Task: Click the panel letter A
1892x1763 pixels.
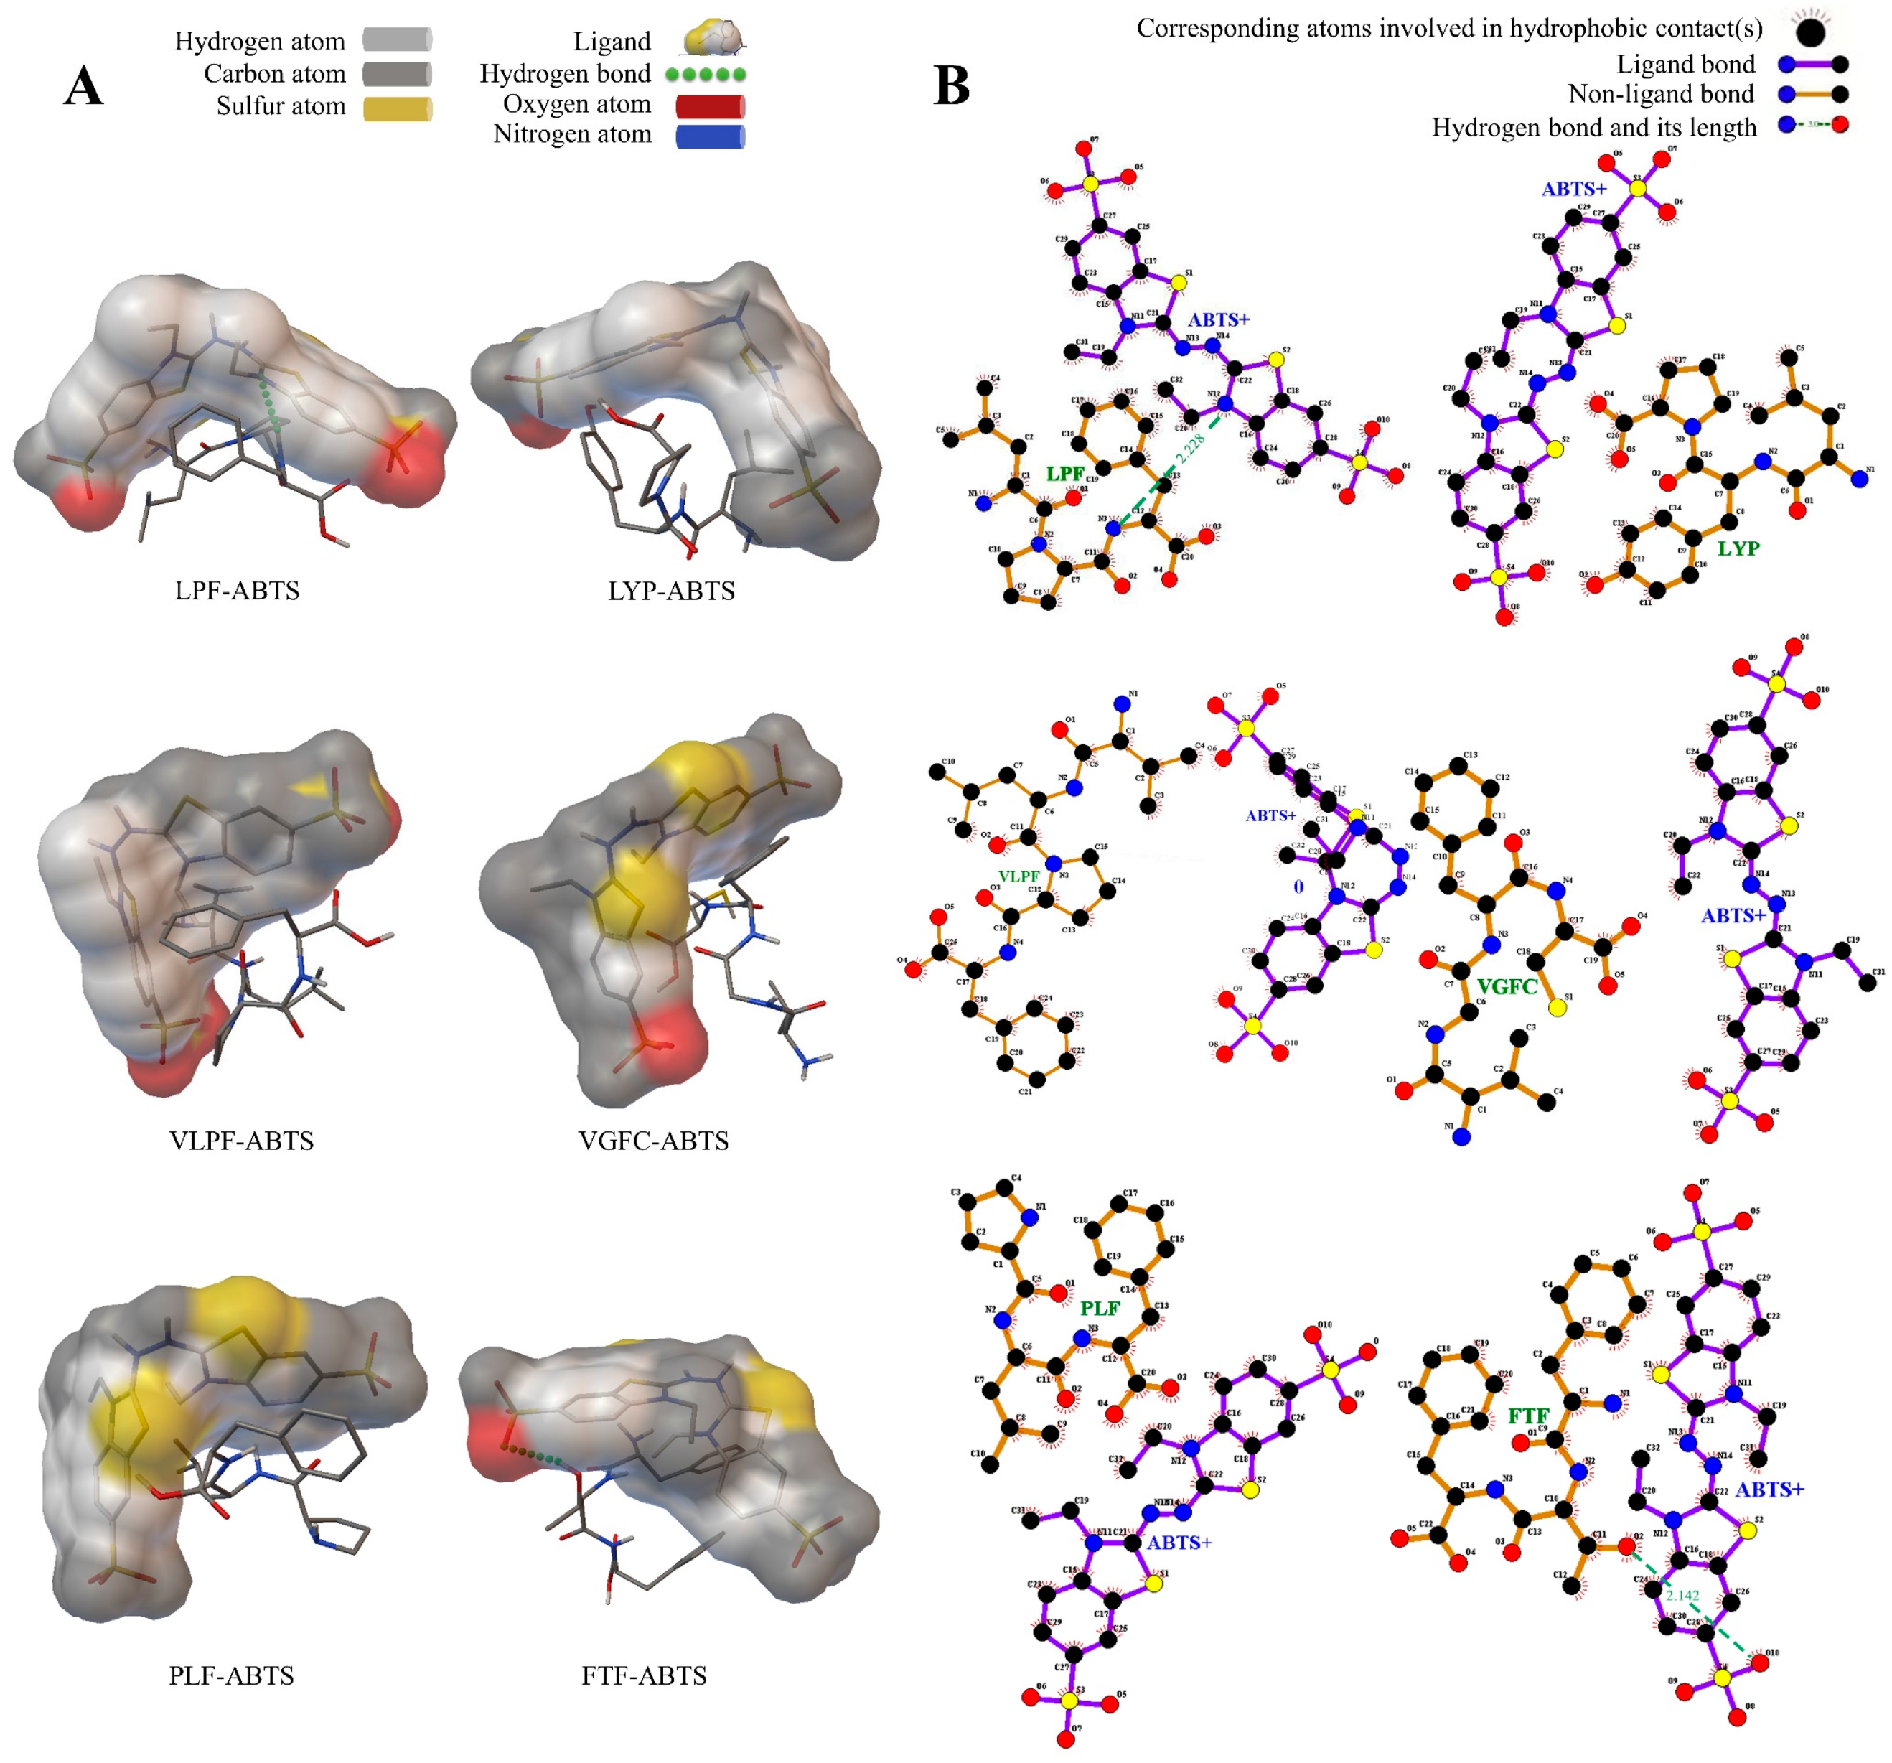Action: click(x=84, y=87)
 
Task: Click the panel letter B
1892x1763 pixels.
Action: click(x=952, y=85)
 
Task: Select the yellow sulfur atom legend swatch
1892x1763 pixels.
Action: click(x=397, y=108)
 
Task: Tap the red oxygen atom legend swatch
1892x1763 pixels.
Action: click(x=710, y=106)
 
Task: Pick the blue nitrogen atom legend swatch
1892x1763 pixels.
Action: click(x=710, y=136)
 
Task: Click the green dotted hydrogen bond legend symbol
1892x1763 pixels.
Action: click(x=706, y=74)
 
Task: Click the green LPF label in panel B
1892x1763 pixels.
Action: click(x=1065, y=474)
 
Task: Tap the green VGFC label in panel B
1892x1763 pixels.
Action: click(x=1507, y=987)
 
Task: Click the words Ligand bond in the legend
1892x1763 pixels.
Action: click(x=1685, y=65)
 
